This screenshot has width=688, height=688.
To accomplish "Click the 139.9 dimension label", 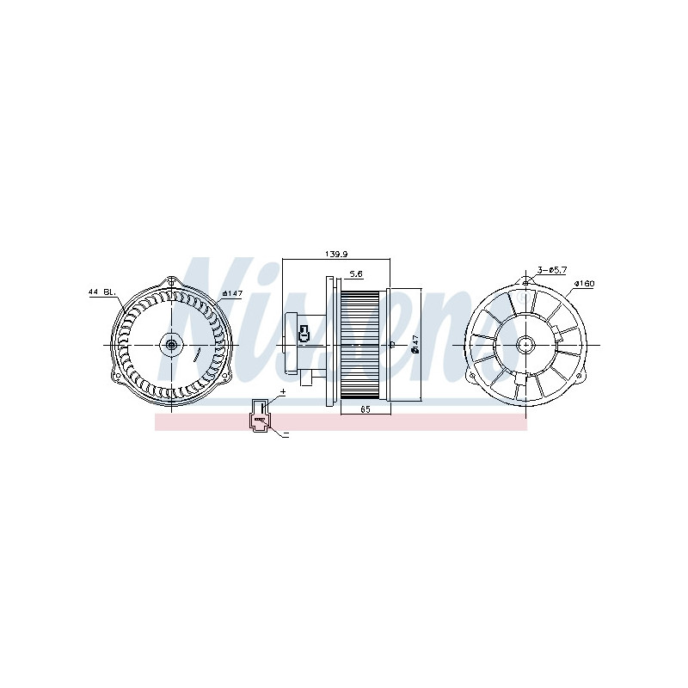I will [336, 254].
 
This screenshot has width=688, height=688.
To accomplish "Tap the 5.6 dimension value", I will [355, 274].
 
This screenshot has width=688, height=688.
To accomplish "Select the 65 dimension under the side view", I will [365, 409].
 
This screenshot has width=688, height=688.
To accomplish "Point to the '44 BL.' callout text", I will [102, 292].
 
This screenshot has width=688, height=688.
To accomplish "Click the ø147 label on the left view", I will [231, 292].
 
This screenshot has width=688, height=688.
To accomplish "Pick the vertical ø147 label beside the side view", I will [414, 344].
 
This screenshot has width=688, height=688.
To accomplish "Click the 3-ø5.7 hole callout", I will [551, 270].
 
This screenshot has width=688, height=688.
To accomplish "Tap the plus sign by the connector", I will [282, 391].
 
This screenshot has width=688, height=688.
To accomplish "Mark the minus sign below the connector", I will [286, 435].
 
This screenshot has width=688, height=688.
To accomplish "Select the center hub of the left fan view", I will [172, 345].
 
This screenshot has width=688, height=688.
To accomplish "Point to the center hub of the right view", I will [524, 345].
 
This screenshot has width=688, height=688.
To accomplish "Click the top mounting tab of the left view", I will [172, 282].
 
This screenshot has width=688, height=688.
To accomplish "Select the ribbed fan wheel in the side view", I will [360, 344].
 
